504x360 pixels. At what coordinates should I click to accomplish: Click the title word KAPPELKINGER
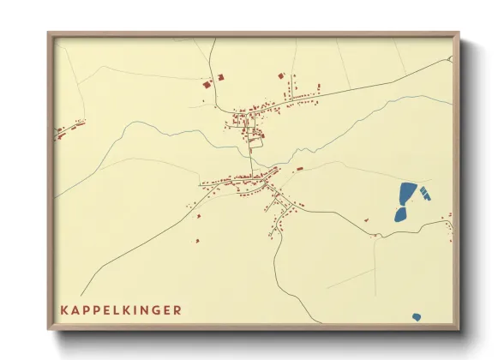(120, 309)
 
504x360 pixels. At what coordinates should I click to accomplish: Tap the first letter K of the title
(63, 309)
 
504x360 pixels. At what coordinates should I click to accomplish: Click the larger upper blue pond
(407, 194)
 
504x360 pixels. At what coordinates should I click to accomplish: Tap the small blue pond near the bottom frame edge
(417, 317)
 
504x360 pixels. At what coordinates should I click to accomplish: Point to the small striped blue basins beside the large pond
(425, 193)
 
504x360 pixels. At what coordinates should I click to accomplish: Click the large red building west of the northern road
(206, 84)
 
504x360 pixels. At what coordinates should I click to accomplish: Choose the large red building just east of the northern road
(219, 77)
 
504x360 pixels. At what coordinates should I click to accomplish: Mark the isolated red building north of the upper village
(280, 75)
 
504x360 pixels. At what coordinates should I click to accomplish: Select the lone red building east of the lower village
(299, 169)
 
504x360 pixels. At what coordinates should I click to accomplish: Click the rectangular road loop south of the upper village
(255, 145)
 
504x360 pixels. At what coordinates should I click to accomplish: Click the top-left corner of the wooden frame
(49, 34)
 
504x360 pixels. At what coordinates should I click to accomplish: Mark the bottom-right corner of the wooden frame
(458, 329)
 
